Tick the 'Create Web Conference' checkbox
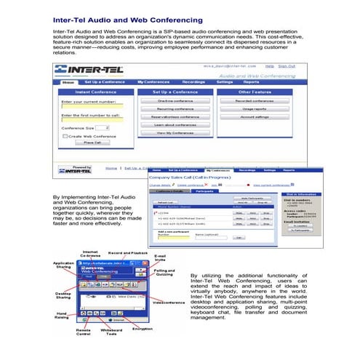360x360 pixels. pos(64,135)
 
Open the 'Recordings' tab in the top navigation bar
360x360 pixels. pos(192,82)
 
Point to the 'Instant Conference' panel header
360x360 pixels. pos(92,92)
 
